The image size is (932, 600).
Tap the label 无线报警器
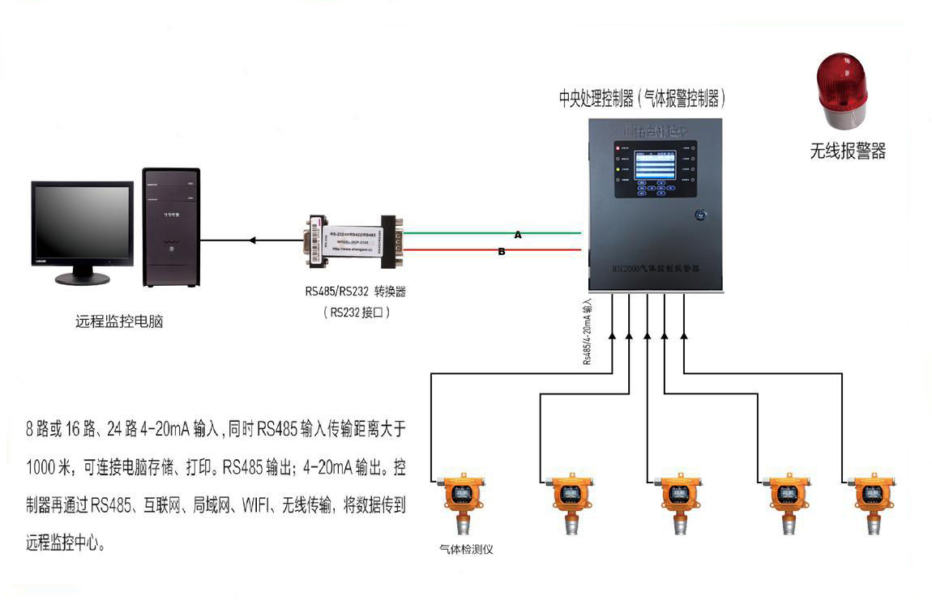tap(848, 151)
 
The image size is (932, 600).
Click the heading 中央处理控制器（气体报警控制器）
tap(642, 100)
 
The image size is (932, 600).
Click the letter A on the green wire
tap(518, 234)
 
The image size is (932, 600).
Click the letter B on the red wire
tap(502, 252)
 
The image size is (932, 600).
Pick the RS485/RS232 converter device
tap(354, 240)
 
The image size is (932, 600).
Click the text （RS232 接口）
tap(357, 311)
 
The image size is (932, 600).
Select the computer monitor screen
tap(82, 221)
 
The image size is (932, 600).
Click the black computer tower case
tap(171, 228)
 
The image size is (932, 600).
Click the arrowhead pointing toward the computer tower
tap(252, 240)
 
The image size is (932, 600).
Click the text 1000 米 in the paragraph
tap(49, 468)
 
